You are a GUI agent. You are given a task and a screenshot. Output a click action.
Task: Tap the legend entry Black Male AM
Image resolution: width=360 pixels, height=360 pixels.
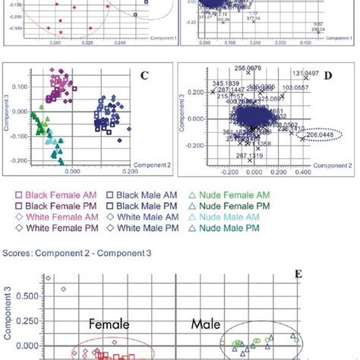coord(144,193)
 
